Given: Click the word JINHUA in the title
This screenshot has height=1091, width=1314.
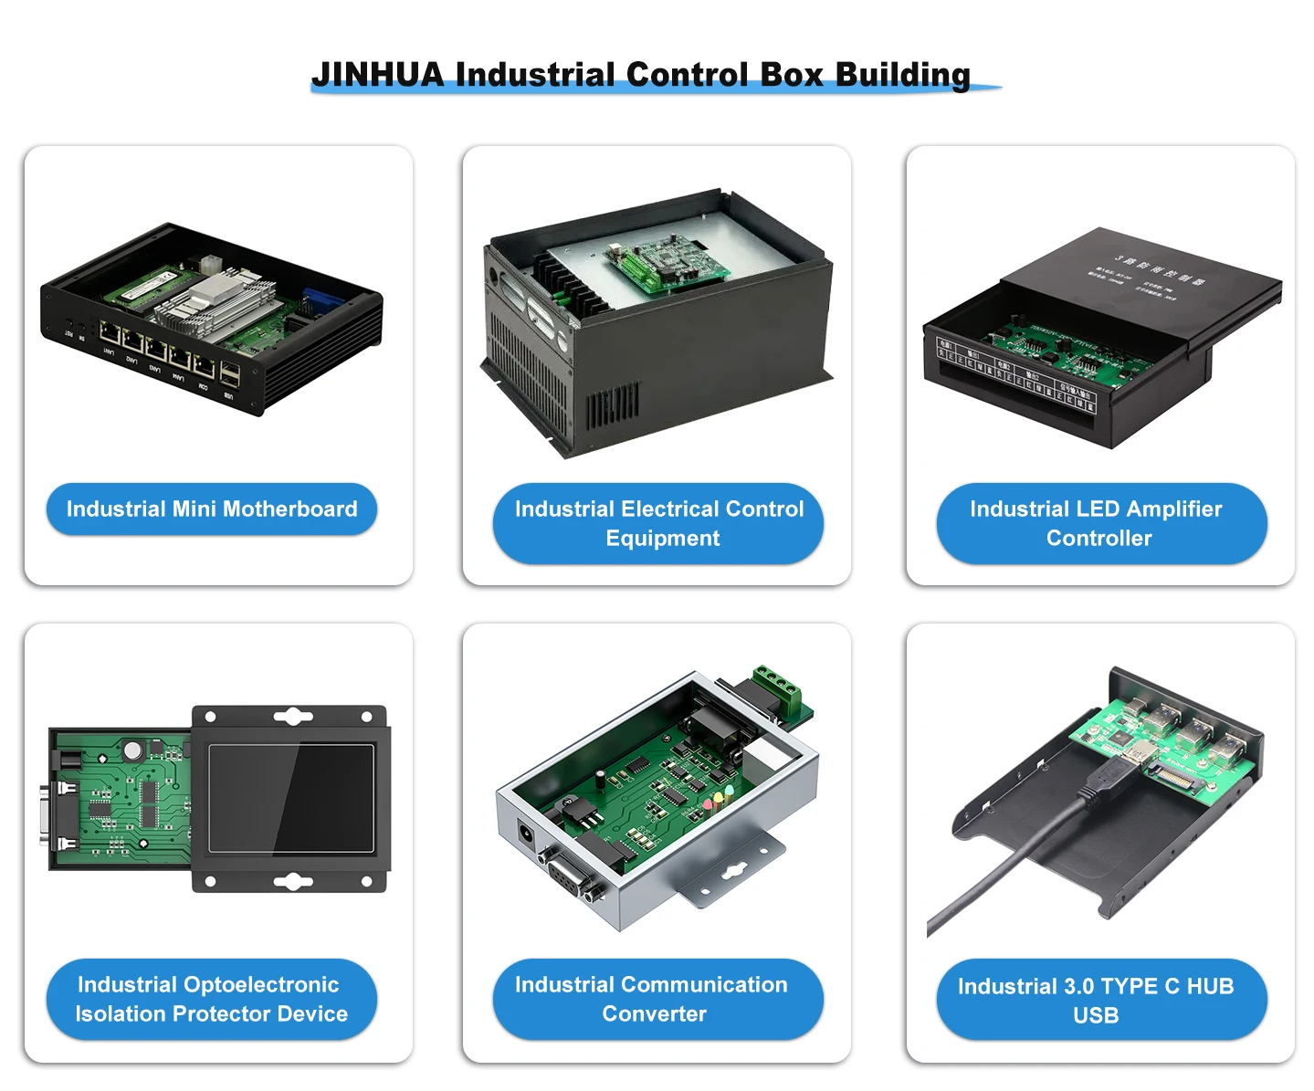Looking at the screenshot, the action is click(x=377, y=74).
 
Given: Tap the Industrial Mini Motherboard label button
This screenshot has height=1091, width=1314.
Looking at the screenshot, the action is click(x=212, y=509).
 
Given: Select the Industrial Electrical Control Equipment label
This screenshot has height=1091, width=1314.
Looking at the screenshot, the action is click(x=658, y=523).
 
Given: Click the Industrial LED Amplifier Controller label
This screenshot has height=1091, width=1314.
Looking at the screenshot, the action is click(x=1101, y=523).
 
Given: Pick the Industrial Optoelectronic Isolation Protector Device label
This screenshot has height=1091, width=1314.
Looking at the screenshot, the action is click(x=212, y=999).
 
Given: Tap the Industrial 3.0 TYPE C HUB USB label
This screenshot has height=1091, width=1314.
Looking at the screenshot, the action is click(x=1101, y=1000).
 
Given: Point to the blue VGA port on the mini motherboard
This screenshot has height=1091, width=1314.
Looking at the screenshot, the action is click(x=323, y=298).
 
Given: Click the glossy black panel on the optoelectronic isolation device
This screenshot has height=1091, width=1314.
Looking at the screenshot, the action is click(x=291, y=797).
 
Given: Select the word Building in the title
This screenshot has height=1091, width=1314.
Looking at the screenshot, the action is click(x=902, y=74).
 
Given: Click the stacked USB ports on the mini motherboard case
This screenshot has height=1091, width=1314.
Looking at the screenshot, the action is click(x=229, y=374).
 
